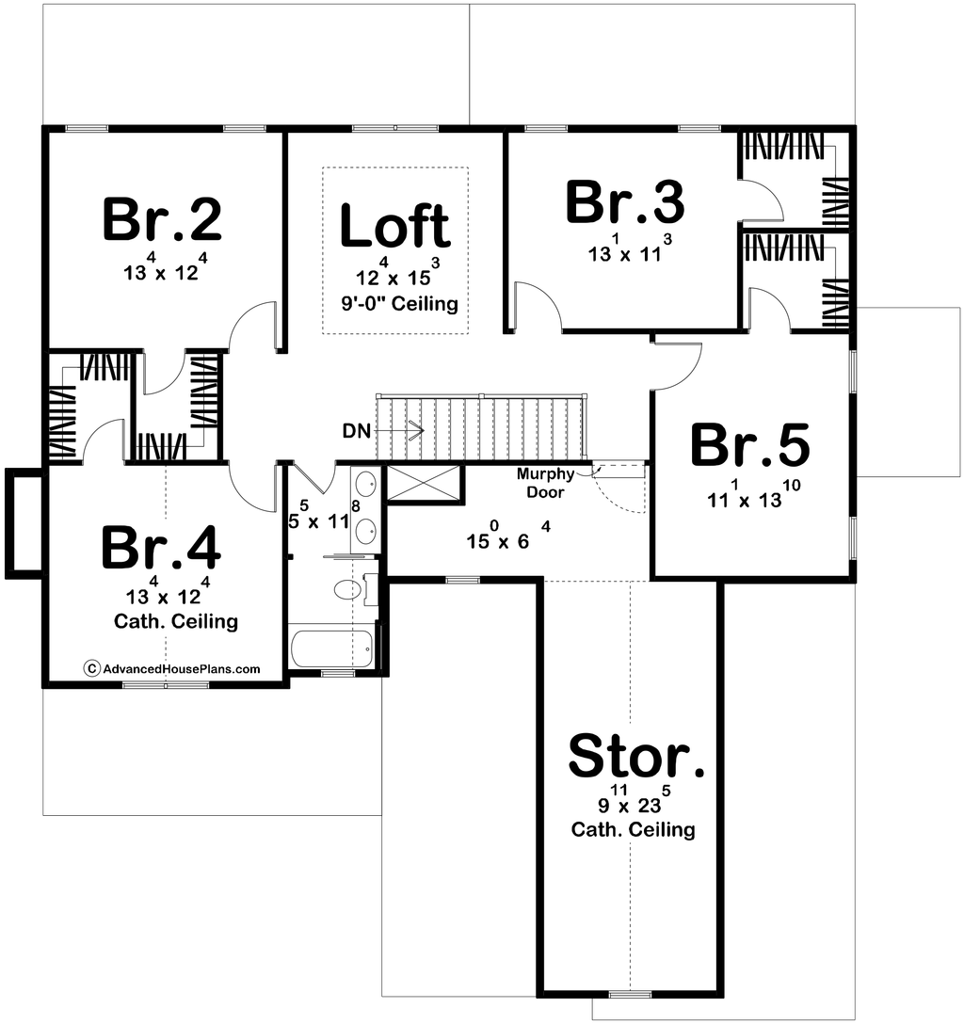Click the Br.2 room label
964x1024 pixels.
click(x=162, y=220)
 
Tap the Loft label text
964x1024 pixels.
click(x=394, y=227)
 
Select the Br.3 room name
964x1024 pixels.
click(x=625, y=203)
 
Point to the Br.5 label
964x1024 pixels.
click(x=749, y=445)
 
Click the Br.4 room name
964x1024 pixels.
click(x=162, y=549)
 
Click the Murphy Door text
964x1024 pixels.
click(x=545, y=483)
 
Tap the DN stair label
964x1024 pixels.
click(x=356, y=430)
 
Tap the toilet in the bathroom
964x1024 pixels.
click(x=348, y=590)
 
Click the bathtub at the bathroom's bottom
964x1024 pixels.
click(x=332, y=649)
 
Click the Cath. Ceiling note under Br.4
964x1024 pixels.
click(x=175, y=622)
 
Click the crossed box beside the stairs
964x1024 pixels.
click(x=425, y=483)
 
